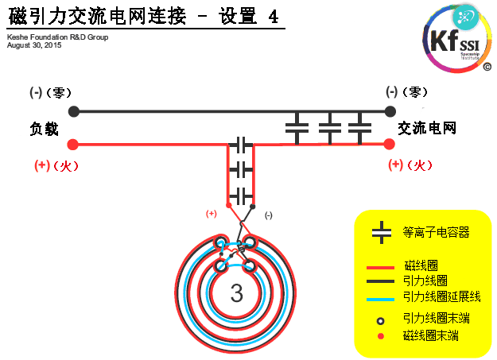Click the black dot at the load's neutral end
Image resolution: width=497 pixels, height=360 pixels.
tap(74, 111)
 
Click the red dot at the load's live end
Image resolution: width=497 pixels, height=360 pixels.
tap(73, 145)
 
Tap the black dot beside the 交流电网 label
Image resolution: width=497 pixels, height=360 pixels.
tap(390, 111)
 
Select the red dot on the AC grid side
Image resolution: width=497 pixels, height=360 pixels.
tap(390, 144)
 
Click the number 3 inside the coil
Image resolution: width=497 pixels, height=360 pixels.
tap(236, 293)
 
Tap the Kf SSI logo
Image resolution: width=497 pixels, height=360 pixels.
tap(456, 37)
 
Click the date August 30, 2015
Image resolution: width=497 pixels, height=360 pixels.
tap(33, 45)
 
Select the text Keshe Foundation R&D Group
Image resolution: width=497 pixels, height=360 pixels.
tap(57, 37)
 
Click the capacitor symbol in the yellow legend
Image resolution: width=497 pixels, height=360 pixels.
tap(382, 232)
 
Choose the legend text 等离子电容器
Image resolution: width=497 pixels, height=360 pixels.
tap(436, 232)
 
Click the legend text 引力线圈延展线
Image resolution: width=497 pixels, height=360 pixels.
tap(441, 296)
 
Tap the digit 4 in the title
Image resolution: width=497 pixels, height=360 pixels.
tap(274, 17)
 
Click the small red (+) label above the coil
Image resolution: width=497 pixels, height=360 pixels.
tap(212, 213)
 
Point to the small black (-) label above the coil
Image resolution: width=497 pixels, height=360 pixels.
tap(268, 215)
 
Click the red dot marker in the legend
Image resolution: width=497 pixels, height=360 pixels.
tap(381, 336)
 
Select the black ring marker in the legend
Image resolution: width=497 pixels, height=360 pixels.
tap(381, 320)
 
